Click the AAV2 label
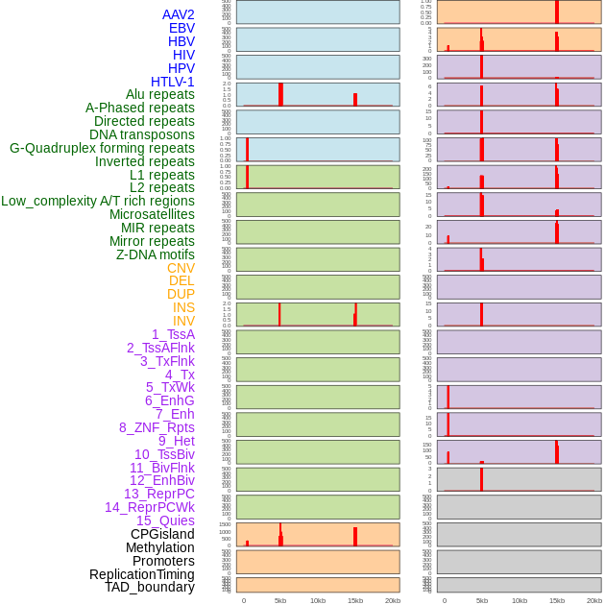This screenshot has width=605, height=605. pyautogui.click(x=178, y=14)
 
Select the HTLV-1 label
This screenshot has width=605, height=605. pyautogui.click(x=172, y=82)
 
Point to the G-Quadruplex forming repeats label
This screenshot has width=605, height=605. pyautogui.click(x=102, y=148)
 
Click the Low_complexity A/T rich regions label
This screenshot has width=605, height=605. pyautogui.click(x=98, y=201)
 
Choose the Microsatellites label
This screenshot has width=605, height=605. pyautogui.click(x=152, y=214)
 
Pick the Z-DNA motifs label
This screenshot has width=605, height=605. pyautogui.click(x=156, y=254)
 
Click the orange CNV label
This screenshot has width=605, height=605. pyautogui.click(x=181, y=268)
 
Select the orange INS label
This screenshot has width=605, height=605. pyautogui.click(x=183, y=307)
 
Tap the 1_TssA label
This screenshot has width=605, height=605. pyautogui.click(x=173, y=334)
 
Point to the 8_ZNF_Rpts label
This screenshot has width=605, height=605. pyautogui.click(x=157, y=427)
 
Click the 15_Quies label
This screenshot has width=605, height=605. pyautogui.click(x=165, y=520)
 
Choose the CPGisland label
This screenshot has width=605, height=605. pyautogui.click(x=162, y=534)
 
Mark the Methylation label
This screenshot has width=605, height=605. pyautogui.click(x=159, y=547)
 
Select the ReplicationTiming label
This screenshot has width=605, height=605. pyautogui.click(x=142, y=574)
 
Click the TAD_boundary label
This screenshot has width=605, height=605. pyautogui.click(x=150, y=587)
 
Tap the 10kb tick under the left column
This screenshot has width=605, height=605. pyautogui.click(x=318, y=600)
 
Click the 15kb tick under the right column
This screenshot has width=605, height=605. pyautogui.click(x=557, y=600)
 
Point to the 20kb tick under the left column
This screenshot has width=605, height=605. pyautogui.click(x=393, y=600)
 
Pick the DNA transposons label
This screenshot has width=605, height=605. pyautogui.click(x=142, y=134)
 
